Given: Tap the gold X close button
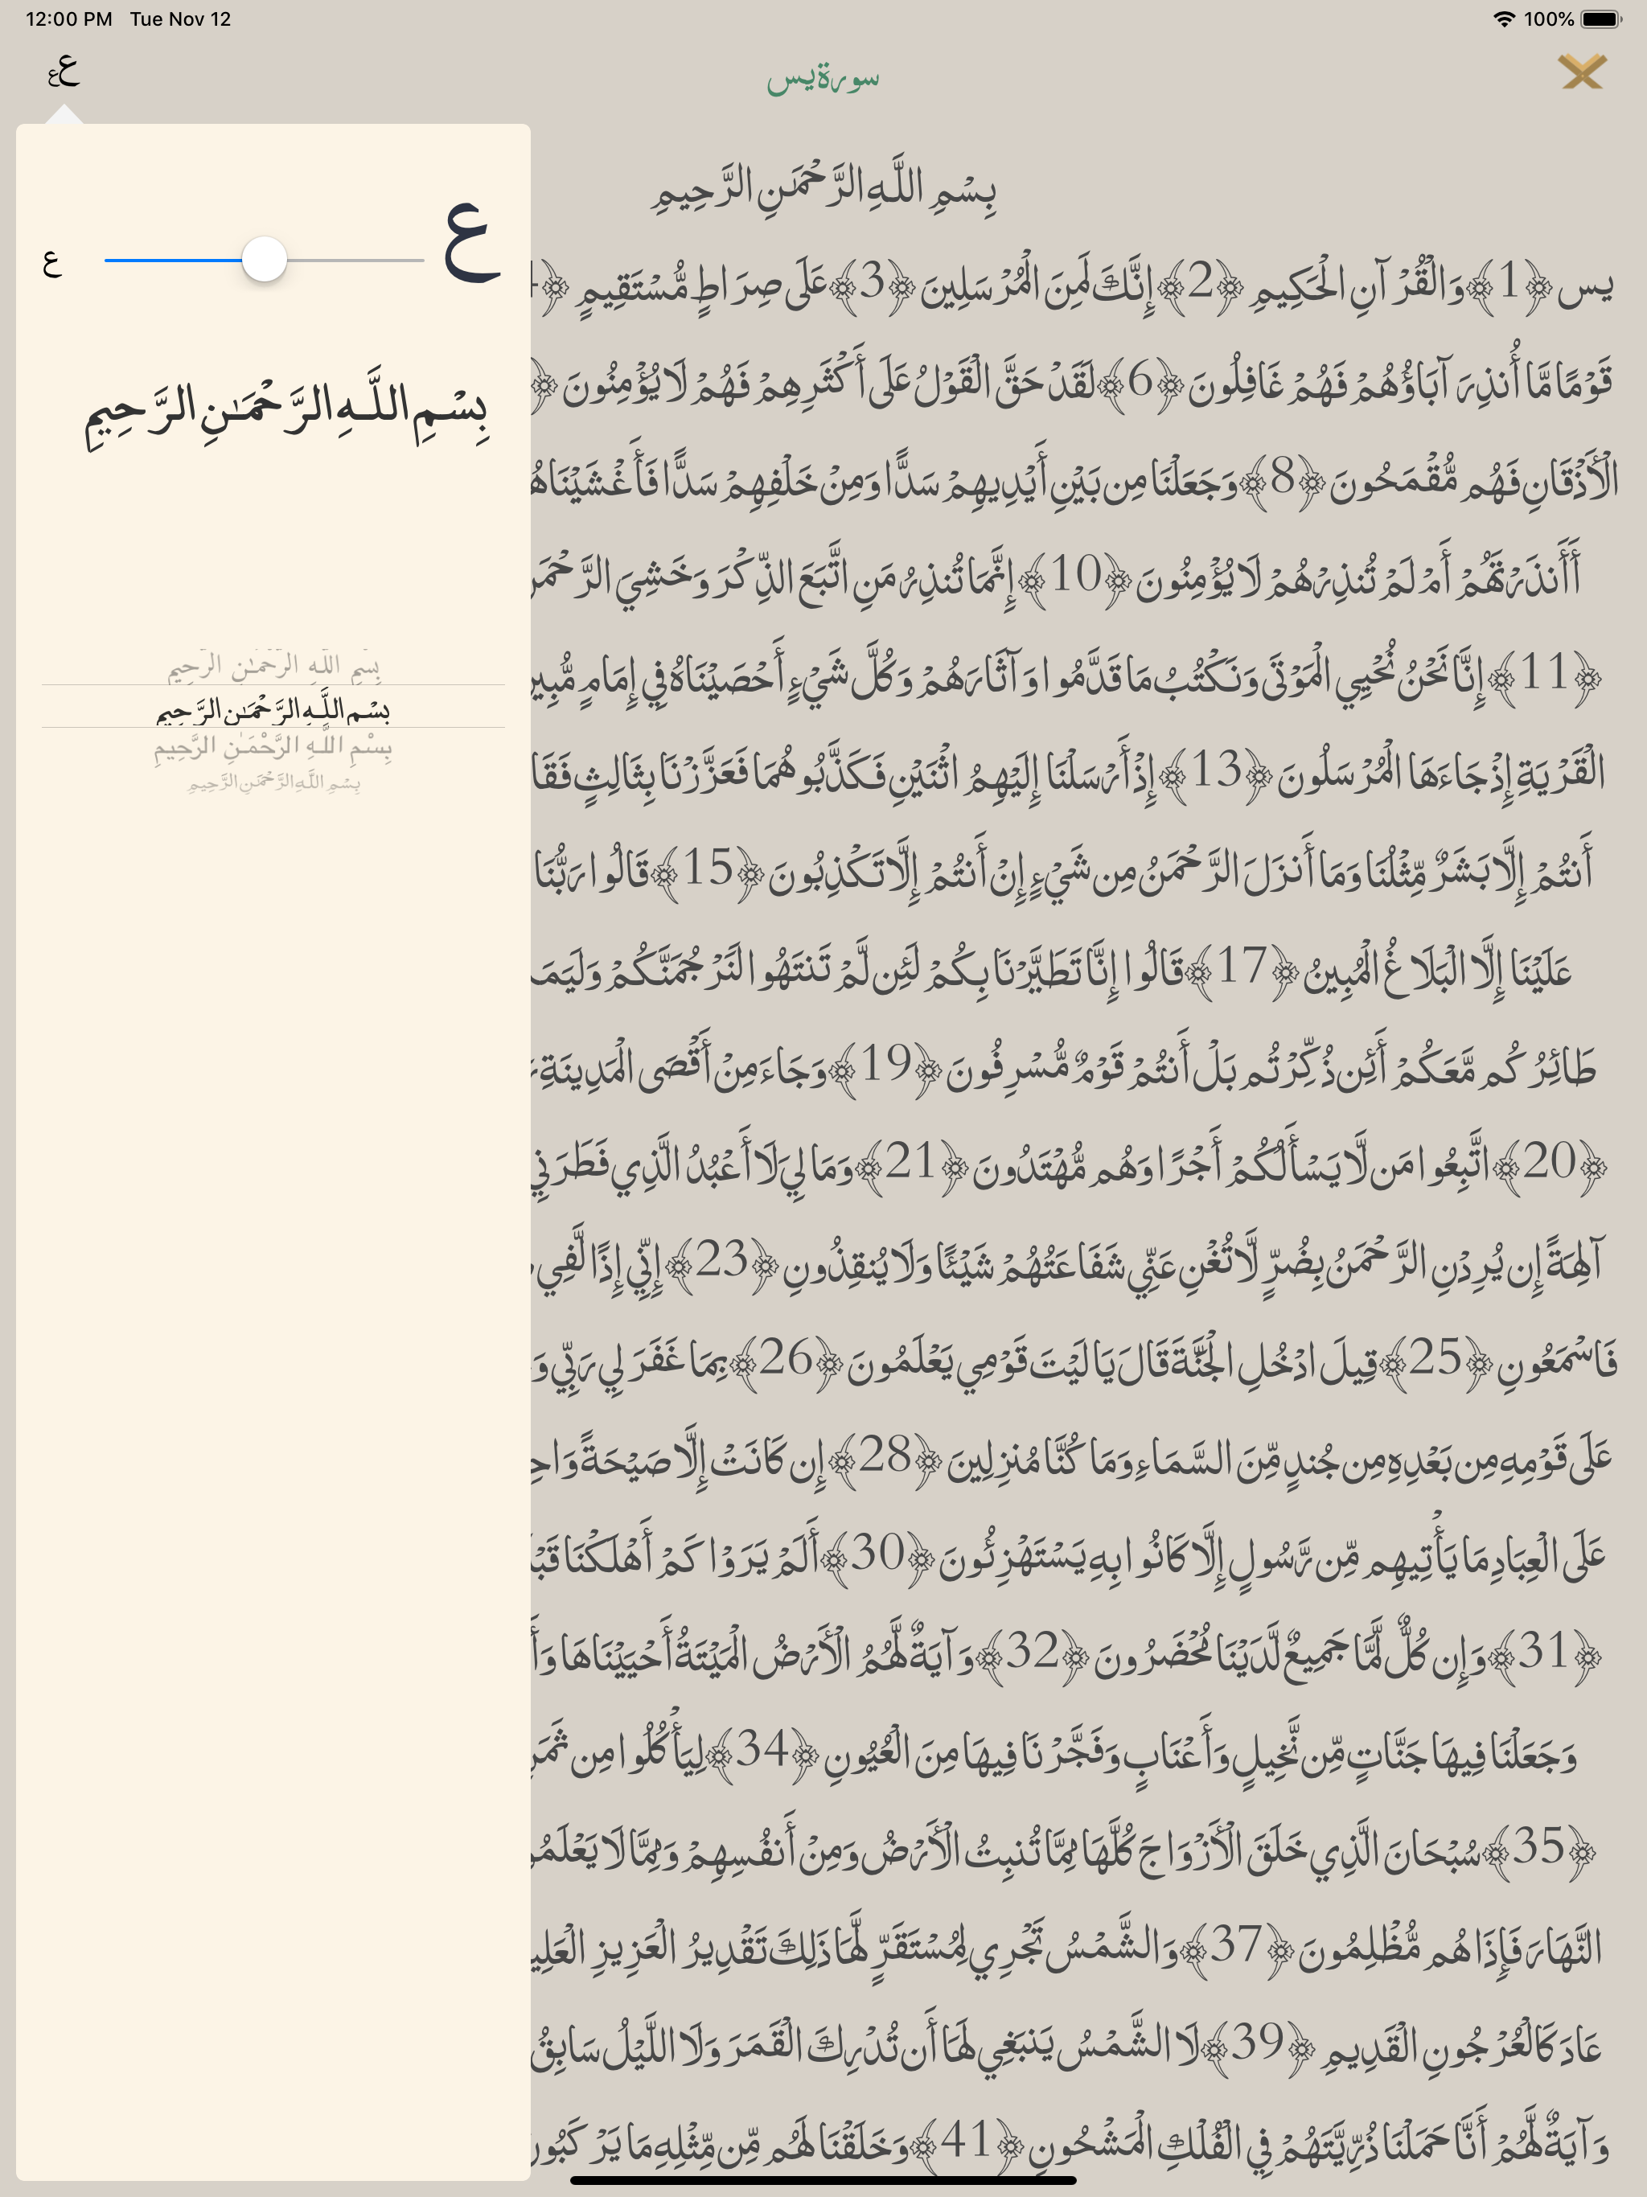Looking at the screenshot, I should (1581, 72).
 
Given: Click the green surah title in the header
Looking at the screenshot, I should (823, 80).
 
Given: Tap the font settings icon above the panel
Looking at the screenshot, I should (63, 71).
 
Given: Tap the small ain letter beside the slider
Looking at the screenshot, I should (52, 262).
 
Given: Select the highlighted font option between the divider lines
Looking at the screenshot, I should (273, 708).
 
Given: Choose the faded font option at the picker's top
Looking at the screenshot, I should (273, 666).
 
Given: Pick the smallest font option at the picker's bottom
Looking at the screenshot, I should (273, 783).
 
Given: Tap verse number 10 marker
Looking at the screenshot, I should (1076, 575).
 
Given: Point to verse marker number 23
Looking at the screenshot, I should (721, 1260).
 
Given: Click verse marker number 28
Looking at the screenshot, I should (884, 1456).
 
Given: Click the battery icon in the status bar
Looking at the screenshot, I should (1601, 18).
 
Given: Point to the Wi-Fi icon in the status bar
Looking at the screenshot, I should (1504, 18).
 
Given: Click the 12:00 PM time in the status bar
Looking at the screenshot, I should (68, 18).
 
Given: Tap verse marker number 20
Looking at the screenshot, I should (1550, 1162).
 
